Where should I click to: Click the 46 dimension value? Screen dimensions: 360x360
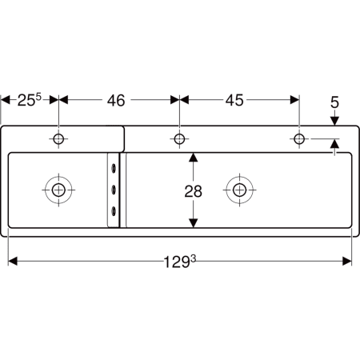(x=116, y=101)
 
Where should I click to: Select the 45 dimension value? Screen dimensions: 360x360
(x=234, y=100)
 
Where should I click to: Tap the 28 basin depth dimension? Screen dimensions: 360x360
(x=194, y=191)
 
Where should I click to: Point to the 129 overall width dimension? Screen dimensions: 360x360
(x=179, y=262)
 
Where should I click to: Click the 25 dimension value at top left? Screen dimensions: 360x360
(x=30, y=100)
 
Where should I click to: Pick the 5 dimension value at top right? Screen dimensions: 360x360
(x=334, y=102)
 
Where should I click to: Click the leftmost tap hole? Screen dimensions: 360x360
(x=58, y=139)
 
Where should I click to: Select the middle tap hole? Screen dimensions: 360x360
(x=179, y=139)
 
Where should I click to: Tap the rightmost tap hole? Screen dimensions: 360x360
(x=299, y=139)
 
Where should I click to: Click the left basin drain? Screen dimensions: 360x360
(x=58, y=190)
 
